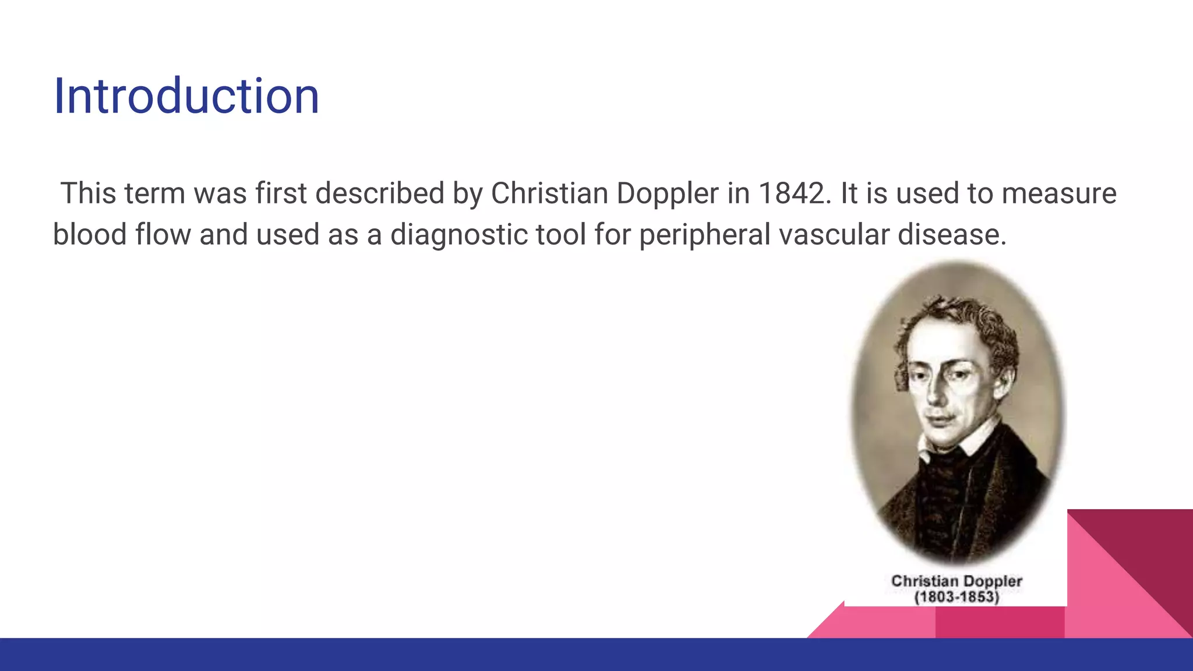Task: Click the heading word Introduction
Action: [186, 96]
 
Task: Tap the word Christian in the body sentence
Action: [549, 193]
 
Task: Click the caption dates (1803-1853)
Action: [956, 597]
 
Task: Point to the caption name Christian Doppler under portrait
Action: [956, 581]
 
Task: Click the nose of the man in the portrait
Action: [935, 396]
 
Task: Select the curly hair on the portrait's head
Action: [961, 317]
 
